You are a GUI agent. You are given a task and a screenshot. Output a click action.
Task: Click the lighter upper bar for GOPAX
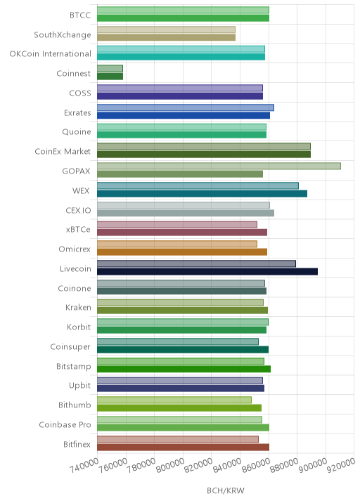[219, 166]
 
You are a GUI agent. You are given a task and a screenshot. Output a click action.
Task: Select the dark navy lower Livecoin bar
[207, 272]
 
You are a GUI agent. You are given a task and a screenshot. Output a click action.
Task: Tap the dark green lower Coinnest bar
[110, 77]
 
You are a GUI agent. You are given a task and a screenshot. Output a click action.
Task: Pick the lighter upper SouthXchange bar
[167, 30]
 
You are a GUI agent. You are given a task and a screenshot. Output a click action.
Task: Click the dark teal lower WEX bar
[202, 193]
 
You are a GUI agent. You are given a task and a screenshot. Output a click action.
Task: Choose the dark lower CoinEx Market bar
[204, 155]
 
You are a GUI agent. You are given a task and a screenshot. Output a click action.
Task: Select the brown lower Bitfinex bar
[184, 448]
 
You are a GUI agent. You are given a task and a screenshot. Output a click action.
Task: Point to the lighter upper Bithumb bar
[174, 400]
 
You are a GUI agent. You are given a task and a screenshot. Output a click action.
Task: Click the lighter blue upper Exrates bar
[186, 107]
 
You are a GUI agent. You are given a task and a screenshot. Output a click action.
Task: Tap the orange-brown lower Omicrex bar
[182, 251]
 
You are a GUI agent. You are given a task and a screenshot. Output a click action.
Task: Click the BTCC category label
[80, 15]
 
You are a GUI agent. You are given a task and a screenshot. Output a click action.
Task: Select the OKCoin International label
[51, 53]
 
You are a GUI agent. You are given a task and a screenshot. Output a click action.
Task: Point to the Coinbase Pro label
[65, 424]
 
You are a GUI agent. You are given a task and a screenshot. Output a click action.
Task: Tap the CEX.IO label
[78, 210]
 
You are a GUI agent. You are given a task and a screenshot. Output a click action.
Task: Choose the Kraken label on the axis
[78, 307]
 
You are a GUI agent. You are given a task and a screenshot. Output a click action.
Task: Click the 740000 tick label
[84, 465]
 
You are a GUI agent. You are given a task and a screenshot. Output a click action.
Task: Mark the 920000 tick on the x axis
[341, 465]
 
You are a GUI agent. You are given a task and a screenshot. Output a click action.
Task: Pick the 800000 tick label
[170, 465]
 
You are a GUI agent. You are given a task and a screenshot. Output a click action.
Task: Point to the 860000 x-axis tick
[256, 465]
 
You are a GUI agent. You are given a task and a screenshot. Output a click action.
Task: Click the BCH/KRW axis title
[226, 490]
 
